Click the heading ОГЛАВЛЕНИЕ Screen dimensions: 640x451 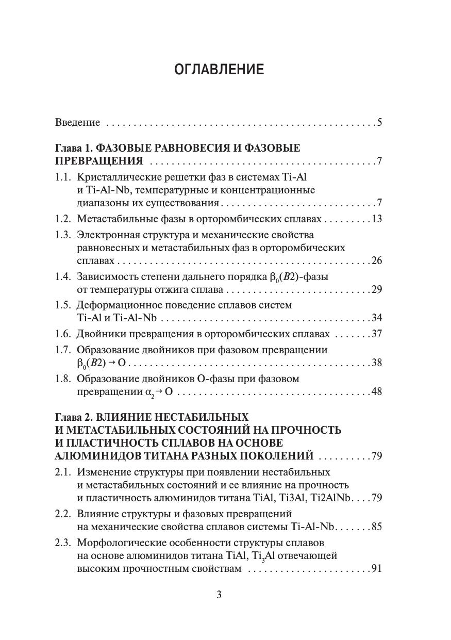pos(219,70)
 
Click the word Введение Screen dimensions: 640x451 pos(77,123)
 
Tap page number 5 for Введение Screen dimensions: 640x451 pos(379,123)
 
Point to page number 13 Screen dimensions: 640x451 pos(376,219)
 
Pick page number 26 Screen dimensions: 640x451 pos(376,260)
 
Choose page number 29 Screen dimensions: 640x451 pos(376,289)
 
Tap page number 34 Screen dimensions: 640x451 pos(376,318)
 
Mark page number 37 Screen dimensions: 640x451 pos(376,334)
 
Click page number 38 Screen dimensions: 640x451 pos(376,363)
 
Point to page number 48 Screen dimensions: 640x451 pos(376,391)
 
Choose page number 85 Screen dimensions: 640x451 pos(376,527)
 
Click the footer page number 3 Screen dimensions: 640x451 pos(219,595)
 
